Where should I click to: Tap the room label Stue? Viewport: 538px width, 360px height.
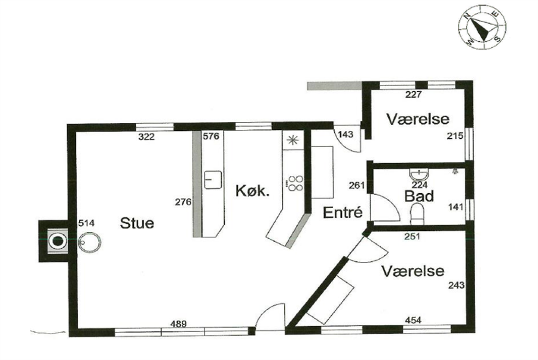(x=137, y=224)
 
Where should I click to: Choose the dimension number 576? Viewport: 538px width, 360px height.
(x=211, y=136)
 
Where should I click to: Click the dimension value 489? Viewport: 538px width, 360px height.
(x=179, y=324)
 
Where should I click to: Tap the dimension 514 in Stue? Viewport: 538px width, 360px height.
(x=87, y=223)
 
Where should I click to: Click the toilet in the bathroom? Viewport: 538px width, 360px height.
(x=420, y=212)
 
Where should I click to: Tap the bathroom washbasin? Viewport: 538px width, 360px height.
(x=420, y=175)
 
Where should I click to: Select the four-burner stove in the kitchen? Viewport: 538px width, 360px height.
(x=295, y=182)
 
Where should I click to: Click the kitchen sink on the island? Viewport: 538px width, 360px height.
(x=212, y=180)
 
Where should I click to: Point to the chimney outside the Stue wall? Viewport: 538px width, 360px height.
(x=57, y=240)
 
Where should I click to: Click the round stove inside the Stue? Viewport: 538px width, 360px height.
(x=90, y=241)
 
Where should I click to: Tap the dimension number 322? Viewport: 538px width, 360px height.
(x=146, y=137)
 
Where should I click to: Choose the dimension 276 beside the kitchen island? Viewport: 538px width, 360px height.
(x=184, y=202)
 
